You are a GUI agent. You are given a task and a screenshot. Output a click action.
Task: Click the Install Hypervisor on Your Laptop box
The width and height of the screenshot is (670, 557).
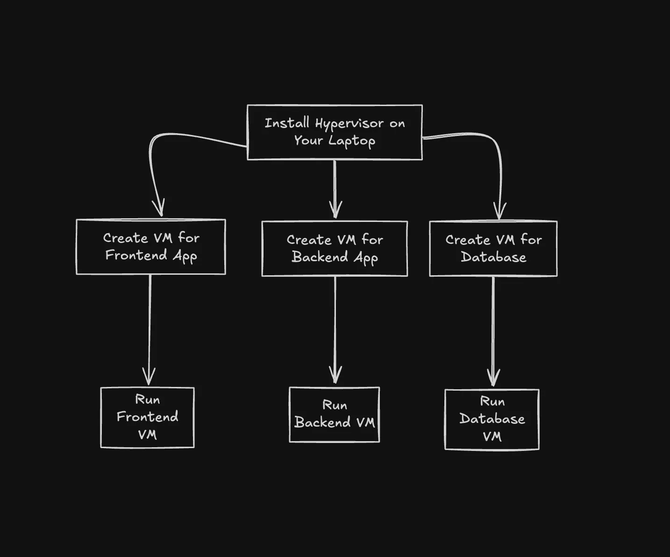coord(335,132)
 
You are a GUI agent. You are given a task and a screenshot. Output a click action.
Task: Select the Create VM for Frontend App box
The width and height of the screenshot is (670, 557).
coord(151,247)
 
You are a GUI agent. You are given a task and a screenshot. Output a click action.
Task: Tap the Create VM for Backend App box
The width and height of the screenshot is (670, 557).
coord(335,249)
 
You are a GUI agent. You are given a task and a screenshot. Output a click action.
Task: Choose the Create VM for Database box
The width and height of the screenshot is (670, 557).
coord(493,249)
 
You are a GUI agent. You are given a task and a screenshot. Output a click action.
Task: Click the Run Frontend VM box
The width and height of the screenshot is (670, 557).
coord(148,417)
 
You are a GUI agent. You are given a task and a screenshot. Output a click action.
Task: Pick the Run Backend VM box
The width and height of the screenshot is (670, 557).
coord(335,414)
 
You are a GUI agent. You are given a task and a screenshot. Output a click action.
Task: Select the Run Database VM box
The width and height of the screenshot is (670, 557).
coord(492,419)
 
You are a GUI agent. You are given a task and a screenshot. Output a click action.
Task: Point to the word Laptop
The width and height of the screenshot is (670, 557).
coord(351,141)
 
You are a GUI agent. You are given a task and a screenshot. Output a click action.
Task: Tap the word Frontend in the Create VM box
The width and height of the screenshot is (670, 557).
coord(136,255)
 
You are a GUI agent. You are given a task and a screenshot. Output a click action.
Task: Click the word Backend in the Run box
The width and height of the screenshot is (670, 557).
coord(322,422)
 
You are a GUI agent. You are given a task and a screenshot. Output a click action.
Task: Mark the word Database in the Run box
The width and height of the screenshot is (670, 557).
coord(492,419)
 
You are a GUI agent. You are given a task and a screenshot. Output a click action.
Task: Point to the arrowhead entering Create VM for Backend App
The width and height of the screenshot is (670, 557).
coord(335,210)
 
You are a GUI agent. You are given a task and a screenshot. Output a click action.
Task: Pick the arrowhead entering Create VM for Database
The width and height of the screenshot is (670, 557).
coord(500,211)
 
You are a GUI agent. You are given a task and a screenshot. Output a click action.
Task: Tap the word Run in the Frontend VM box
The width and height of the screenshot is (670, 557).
coord(148,400)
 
